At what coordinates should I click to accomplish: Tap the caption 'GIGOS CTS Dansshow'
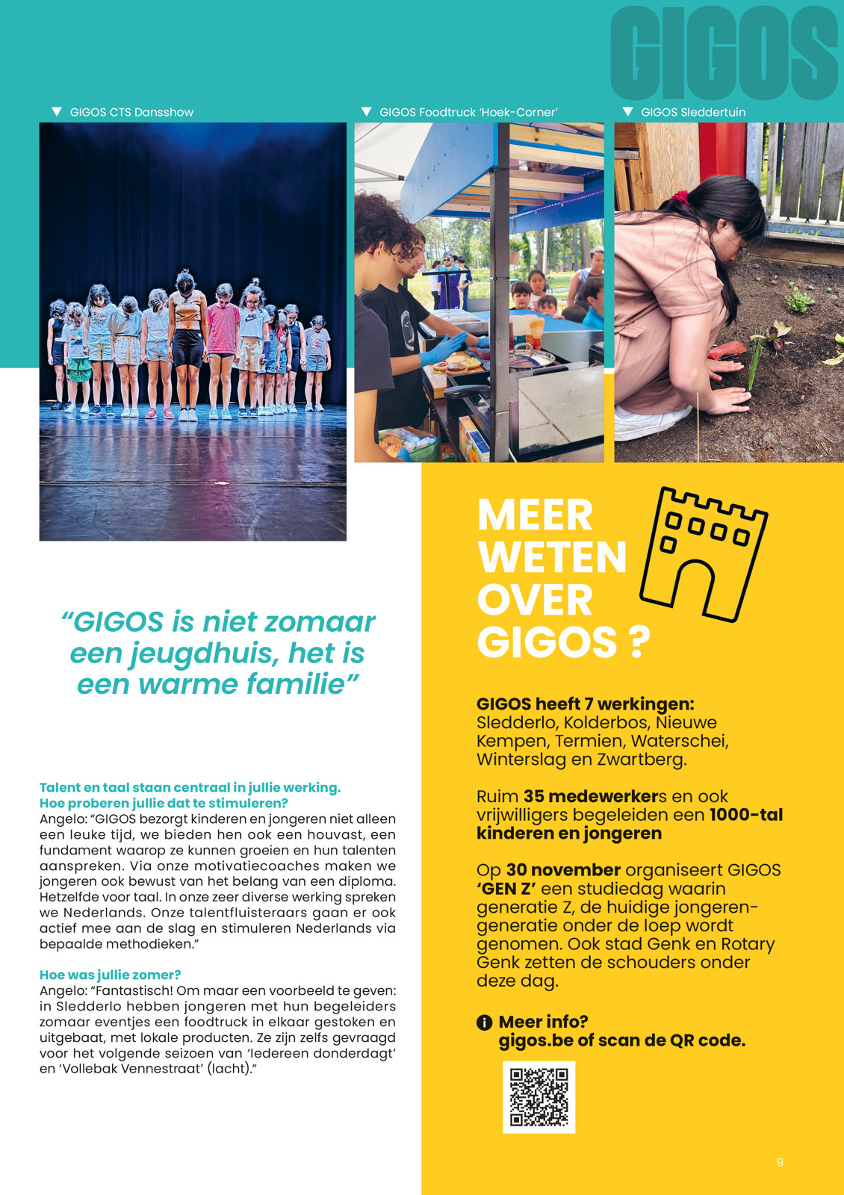(x=131, y=112)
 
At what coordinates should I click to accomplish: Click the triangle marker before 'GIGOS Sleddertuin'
(x=628, y=112)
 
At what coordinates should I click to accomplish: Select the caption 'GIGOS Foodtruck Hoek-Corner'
(x=468, y=112)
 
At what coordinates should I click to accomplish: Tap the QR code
(x=539, y=1096)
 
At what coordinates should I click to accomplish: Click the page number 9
(x=780, y=1162)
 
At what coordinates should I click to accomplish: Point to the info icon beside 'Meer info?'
(x=484, y=1022)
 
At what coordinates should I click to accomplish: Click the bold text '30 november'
(x=563, y=870)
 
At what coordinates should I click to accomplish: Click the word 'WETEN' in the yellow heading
(x=552, y=557)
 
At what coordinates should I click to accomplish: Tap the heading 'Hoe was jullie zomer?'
(x=110, y=975)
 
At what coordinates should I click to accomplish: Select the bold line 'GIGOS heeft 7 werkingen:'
(x=585, y=704)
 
